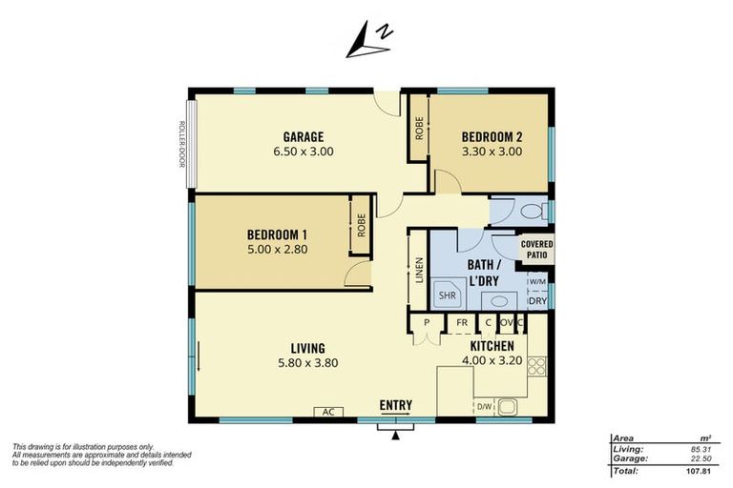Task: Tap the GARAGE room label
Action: pyautogui.click(x=302, y=136)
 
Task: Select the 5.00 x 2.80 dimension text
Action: pyautogui.click(x=277, y=250)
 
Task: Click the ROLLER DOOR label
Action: pyautogui.click(x=179, y=144)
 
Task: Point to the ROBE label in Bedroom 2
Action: pyautogui.click(x=419, y=128)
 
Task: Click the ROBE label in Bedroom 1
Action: pyautogui.click(x=362, y=225)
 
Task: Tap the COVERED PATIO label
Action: pyautogui.click(x=536, y=250)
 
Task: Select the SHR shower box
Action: pyautogui.click(x=447, y=296)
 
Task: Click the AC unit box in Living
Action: pyautogui.click(x=328, y=412)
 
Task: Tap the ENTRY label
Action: pyautogui.click(x=396, y=405)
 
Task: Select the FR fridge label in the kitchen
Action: pyautogui.click(x=461, y=323)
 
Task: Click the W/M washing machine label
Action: pyautogui.click(x=536, y=282)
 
